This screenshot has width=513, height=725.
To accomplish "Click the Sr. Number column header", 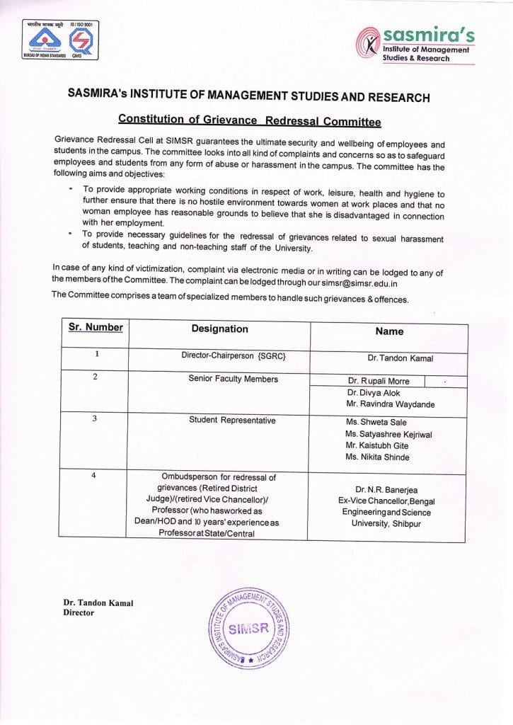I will coord(96,328).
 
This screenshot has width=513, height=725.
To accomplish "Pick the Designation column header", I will coord(219,329).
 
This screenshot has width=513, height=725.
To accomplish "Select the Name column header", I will coord(389,331).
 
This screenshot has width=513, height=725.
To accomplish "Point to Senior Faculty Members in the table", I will coord(233,379).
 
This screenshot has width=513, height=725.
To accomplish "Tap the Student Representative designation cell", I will coord(232,421).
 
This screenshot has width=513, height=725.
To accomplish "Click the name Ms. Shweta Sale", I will coord(376,423).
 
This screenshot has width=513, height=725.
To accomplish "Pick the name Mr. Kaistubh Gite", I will coord(378,446).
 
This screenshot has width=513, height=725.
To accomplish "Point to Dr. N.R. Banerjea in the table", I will coord(386,489).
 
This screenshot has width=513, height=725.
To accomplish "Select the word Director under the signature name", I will coord(79,613).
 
